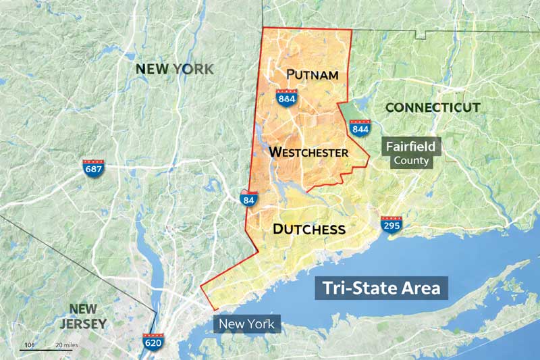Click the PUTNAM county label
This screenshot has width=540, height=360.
point(312,74)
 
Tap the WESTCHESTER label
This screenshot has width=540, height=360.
point(308,152)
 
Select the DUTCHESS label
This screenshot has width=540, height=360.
point(308,229)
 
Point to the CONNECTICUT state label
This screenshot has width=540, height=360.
point(433,107)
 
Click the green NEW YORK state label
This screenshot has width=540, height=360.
point(174,68)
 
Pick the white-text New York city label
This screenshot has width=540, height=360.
point(246,324)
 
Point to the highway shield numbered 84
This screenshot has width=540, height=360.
point(248,198)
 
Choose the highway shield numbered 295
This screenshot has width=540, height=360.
point(391,225)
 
